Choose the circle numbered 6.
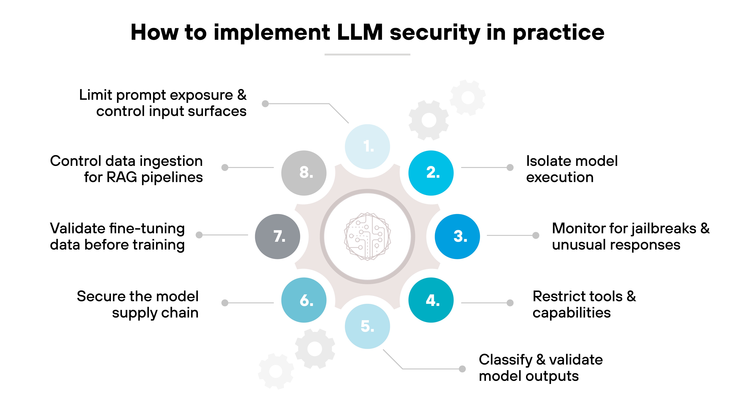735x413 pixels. [304, 300]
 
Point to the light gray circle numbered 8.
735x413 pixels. [304, 173]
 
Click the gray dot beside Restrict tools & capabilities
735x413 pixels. [510, 303]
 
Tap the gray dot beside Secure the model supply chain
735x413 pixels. [225, 303]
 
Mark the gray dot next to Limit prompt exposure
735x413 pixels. [265, 104]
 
